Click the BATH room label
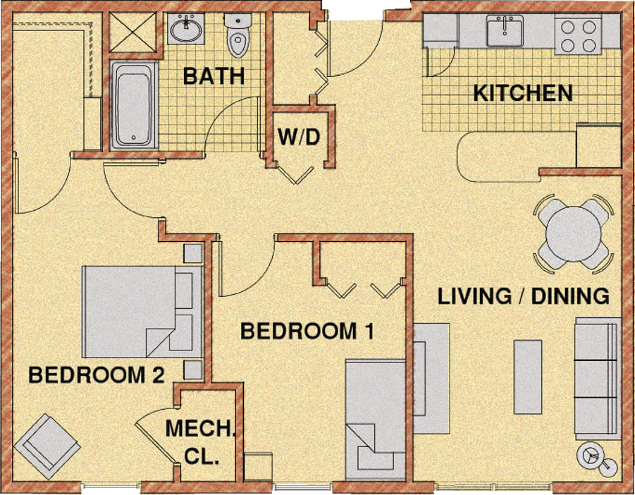pyautogui.click(x=214, y=76)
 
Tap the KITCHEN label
pyautogui.click(x=522, y=93)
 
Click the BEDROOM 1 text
pyautogui.click(x=306, y=330)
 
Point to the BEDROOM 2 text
pyautogui.click(x=96, y=375)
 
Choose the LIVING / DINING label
pyautogui.click(x=523, y=296)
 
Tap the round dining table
pyautogui.click(x=572, y=233)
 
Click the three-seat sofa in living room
pyautogui.click(x=597, y=377)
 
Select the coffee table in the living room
pyautogui.click(x=528, y=377)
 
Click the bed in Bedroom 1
pyautogui.click(x=375, y=420)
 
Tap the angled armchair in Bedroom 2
pyautogui.click(x=49, y=441)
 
